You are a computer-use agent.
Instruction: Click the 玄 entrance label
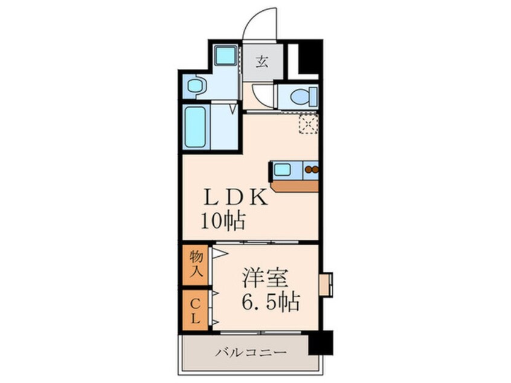[262, 62]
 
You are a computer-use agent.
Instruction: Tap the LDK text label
[236, 197]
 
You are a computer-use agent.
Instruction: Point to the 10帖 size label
[223, 221]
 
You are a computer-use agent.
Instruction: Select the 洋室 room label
[265, 278]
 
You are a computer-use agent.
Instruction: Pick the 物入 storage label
[196, 265]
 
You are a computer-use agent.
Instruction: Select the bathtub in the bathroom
[195, 126]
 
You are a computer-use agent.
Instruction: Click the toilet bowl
[304, 97]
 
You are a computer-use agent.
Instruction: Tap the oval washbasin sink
[195, 86]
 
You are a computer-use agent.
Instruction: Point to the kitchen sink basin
[282, 170]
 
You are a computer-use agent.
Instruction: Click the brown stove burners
[312, 170]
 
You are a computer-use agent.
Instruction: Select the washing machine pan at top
[225, 55]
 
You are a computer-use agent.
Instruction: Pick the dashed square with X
[308, 123]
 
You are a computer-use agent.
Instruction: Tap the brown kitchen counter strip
[294, 187]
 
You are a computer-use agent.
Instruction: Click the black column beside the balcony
[321, 343]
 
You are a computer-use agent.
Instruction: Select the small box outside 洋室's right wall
[326, 285]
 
